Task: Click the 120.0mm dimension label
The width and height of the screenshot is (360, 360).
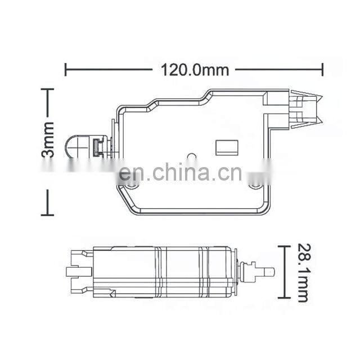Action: pyautogui.click(x=195, y=70)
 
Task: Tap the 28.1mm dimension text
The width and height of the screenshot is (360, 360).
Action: pyautogui.click(x=302, y=272)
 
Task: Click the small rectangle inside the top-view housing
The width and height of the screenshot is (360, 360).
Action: pyautogui.click(x=227, y=147)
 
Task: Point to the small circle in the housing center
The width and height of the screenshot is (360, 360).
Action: pyautogui.click(x=191, y=156)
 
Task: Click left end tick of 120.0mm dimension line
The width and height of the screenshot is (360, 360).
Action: pyautogui.click(x=66, y=70)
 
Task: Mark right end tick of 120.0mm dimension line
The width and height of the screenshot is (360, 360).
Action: pyautogui.click(x=323, y=70)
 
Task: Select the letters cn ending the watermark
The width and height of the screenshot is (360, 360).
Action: pyautogui.click(x=230, y=173)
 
